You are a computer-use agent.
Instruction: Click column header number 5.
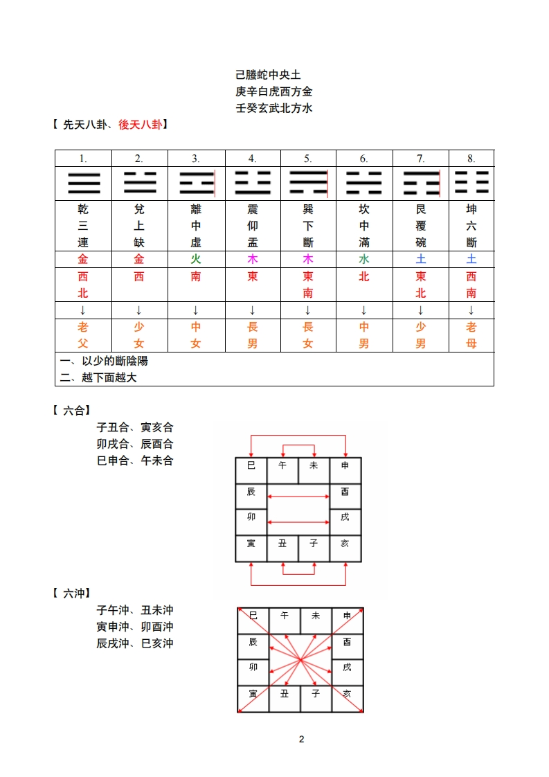point(308,159)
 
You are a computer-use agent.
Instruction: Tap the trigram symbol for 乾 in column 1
point(83,184)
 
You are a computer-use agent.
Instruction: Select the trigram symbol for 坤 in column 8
point(471,184)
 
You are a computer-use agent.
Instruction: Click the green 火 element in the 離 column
point(196,260)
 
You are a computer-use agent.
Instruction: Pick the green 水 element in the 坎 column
point(364,260)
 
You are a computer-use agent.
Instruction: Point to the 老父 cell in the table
point(83,335)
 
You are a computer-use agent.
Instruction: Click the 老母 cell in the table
point(471,335)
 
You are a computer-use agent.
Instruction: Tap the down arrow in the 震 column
point(252,310)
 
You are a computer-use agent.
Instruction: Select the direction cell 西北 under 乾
point(83,285)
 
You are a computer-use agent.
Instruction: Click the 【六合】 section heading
point(72,410)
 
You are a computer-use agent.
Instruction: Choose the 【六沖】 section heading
point(72,593)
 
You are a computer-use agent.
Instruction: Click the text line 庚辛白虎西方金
point(274,91)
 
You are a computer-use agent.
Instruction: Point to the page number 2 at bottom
point(302,739)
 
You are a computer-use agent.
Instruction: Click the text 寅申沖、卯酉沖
point(135,627)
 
